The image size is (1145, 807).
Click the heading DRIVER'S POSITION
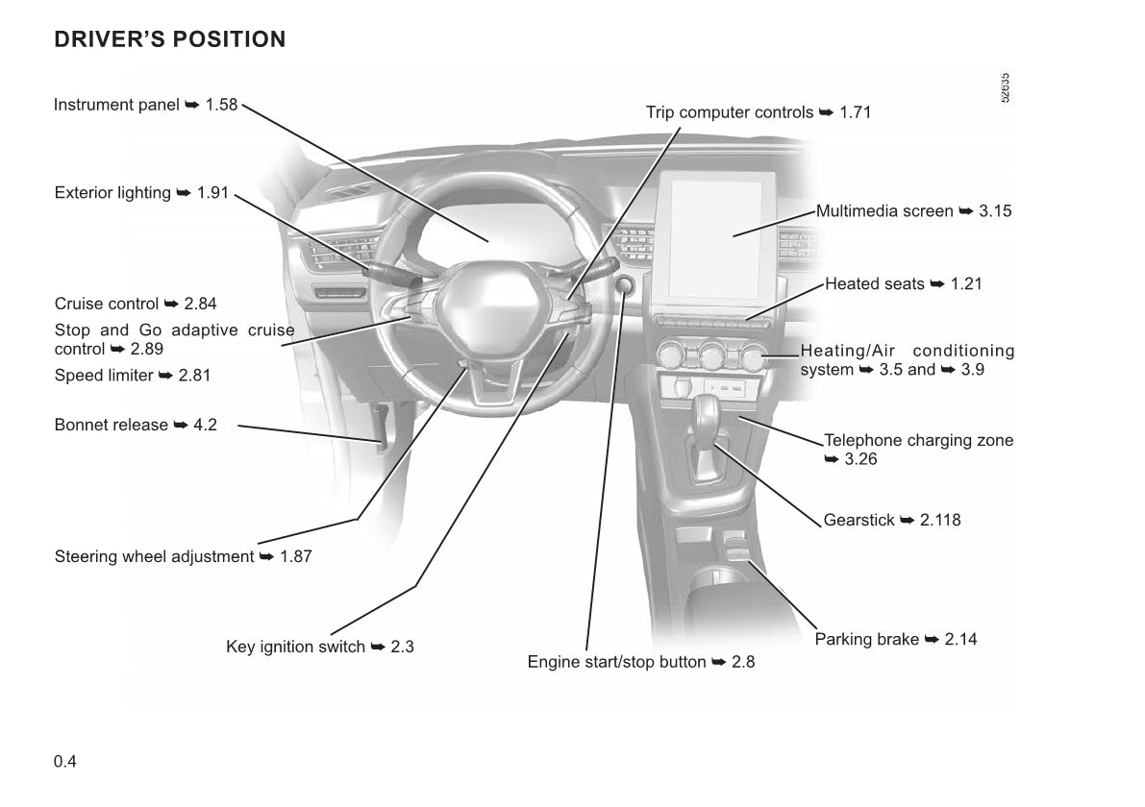(170, 40)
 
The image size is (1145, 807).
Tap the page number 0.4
(65, 762)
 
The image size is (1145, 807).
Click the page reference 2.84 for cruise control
(200, 304)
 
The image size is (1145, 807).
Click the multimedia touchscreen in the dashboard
(722, 234)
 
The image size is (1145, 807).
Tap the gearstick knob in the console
(709, 415)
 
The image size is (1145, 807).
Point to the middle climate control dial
(711, 356)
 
